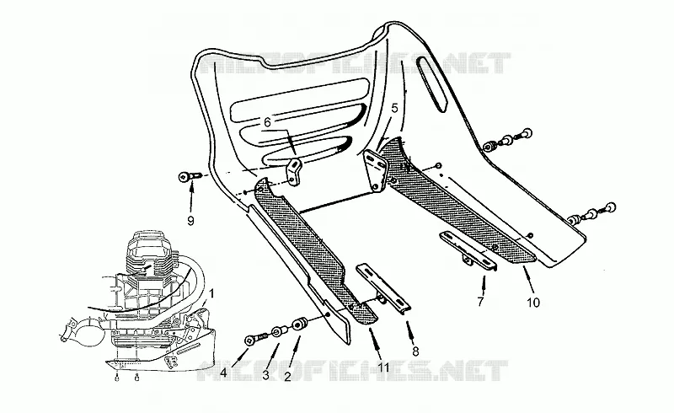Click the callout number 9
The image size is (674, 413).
pos(191,221)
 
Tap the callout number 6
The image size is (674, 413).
pos(267,122)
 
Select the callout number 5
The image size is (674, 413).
pos(395,108)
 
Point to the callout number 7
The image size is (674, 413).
pos(480,302)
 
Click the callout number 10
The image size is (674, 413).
pos(533,303)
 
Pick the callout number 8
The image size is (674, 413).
pos(415,351)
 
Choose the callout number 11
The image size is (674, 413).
pos(383,367)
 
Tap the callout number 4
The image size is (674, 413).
pos(223,373)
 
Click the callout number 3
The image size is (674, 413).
pos(266,375)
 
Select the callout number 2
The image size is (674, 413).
pos(287,377)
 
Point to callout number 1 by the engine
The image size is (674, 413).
pos(211,294)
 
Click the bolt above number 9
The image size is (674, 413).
pos(190,176)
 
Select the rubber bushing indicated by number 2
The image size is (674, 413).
pos(299,324)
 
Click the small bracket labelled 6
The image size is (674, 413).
pos(293,172)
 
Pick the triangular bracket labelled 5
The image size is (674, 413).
pos(374,169)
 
